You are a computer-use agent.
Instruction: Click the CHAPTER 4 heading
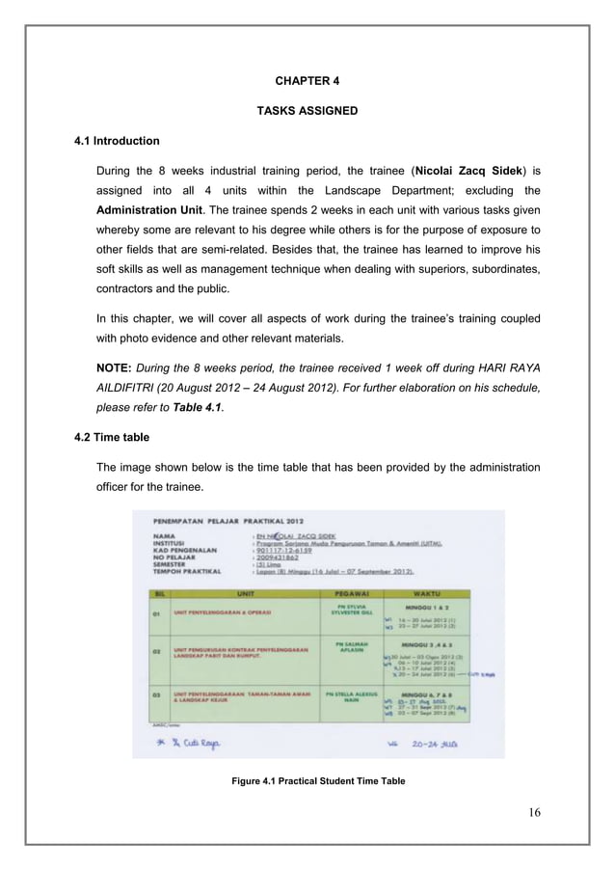(x=307, y=79)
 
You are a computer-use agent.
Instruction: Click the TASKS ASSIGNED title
(x=307, y=111)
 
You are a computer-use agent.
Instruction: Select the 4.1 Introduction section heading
(x=118, y=142)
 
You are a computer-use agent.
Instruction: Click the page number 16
(x=533, y=811)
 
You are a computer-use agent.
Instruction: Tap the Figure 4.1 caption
(x=307, y=780)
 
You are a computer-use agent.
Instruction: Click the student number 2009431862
(x=280, y=558)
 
